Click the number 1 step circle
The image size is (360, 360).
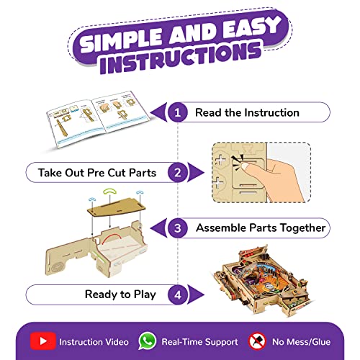pyautogui.click(x=179, y=112)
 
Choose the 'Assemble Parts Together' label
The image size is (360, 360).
pyautogui.click(x=260, y=228)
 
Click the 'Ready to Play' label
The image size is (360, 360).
pyautogui.click(x=114, y=294)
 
